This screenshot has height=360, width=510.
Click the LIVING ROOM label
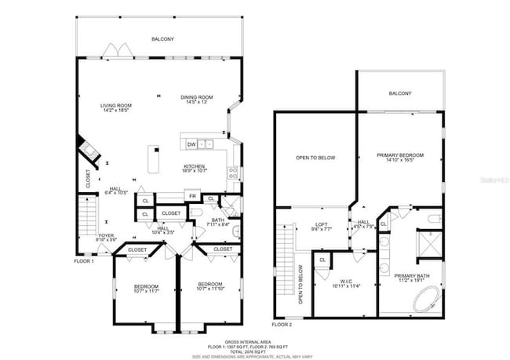tap(115, 105)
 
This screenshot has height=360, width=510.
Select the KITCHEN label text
tap(194, 166)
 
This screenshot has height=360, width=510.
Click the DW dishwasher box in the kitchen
tap(191, 144)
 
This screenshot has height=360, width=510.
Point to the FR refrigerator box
tap(191, 195)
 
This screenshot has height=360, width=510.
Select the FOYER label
tap(104, 235)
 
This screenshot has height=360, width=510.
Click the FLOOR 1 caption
tap(84, 260)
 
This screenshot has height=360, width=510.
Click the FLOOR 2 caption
tap(282, 324)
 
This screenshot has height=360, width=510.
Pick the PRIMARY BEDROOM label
tap(399, 155)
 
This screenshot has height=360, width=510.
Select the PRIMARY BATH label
tap(412, 275)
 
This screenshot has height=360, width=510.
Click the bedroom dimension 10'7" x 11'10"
tap(211, 289)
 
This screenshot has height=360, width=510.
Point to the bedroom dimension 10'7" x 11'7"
tap(146, 291)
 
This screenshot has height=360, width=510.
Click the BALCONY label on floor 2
tap(399, 93)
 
